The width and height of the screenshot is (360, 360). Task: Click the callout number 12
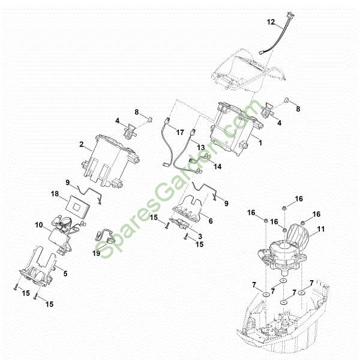coord(271,22)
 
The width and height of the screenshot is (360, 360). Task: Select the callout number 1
coord(260,143)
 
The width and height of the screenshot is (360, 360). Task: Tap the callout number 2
coord(82,145)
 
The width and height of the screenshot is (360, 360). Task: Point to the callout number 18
coord(55,194)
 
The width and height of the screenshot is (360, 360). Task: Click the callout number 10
coord(39,225)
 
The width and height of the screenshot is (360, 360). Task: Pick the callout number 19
coord(96,253)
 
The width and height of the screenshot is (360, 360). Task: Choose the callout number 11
coord(321,229)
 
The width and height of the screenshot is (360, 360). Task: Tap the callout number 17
coord(180,133)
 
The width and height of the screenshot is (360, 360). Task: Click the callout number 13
coord(201,148)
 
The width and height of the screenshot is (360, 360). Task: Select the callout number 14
coord(218,166)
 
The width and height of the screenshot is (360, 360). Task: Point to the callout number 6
coord(211,221)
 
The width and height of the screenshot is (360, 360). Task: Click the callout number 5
coord(65,274)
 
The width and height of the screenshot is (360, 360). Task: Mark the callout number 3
coord(200,236)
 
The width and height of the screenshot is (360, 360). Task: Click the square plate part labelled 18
coord(77,206)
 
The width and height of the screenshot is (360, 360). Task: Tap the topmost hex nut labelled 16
coord(284,208)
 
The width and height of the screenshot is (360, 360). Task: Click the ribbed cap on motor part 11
coord(297,234)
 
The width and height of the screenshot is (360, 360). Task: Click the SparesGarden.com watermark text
coord(179,179)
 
